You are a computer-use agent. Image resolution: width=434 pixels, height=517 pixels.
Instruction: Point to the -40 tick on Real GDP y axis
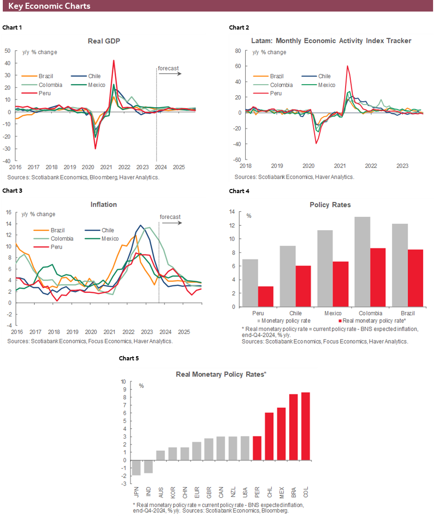pos(8,161)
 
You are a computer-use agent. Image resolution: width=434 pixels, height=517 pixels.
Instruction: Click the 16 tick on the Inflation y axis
pos(8,212)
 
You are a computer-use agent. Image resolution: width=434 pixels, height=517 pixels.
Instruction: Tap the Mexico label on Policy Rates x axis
pos(333,313)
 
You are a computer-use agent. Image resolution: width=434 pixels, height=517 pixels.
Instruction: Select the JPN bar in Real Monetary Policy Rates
pos(136,468)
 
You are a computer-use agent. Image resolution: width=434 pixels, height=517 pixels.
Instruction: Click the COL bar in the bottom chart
pos(305,426)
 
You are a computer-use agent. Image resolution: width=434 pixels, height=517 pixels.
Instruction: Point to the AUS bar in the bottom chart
pos(161,455)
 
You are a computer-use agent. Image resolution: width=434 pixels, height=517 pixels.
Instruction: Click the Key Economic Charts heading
pos(50,6)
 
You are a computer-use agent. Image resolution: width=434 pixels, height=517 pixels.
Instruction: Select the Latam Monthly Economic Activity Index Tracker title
pos(331,41)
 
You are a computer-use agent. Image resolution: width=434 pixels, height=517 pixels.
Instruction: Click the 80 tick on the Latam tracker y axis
pos(239,51)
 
